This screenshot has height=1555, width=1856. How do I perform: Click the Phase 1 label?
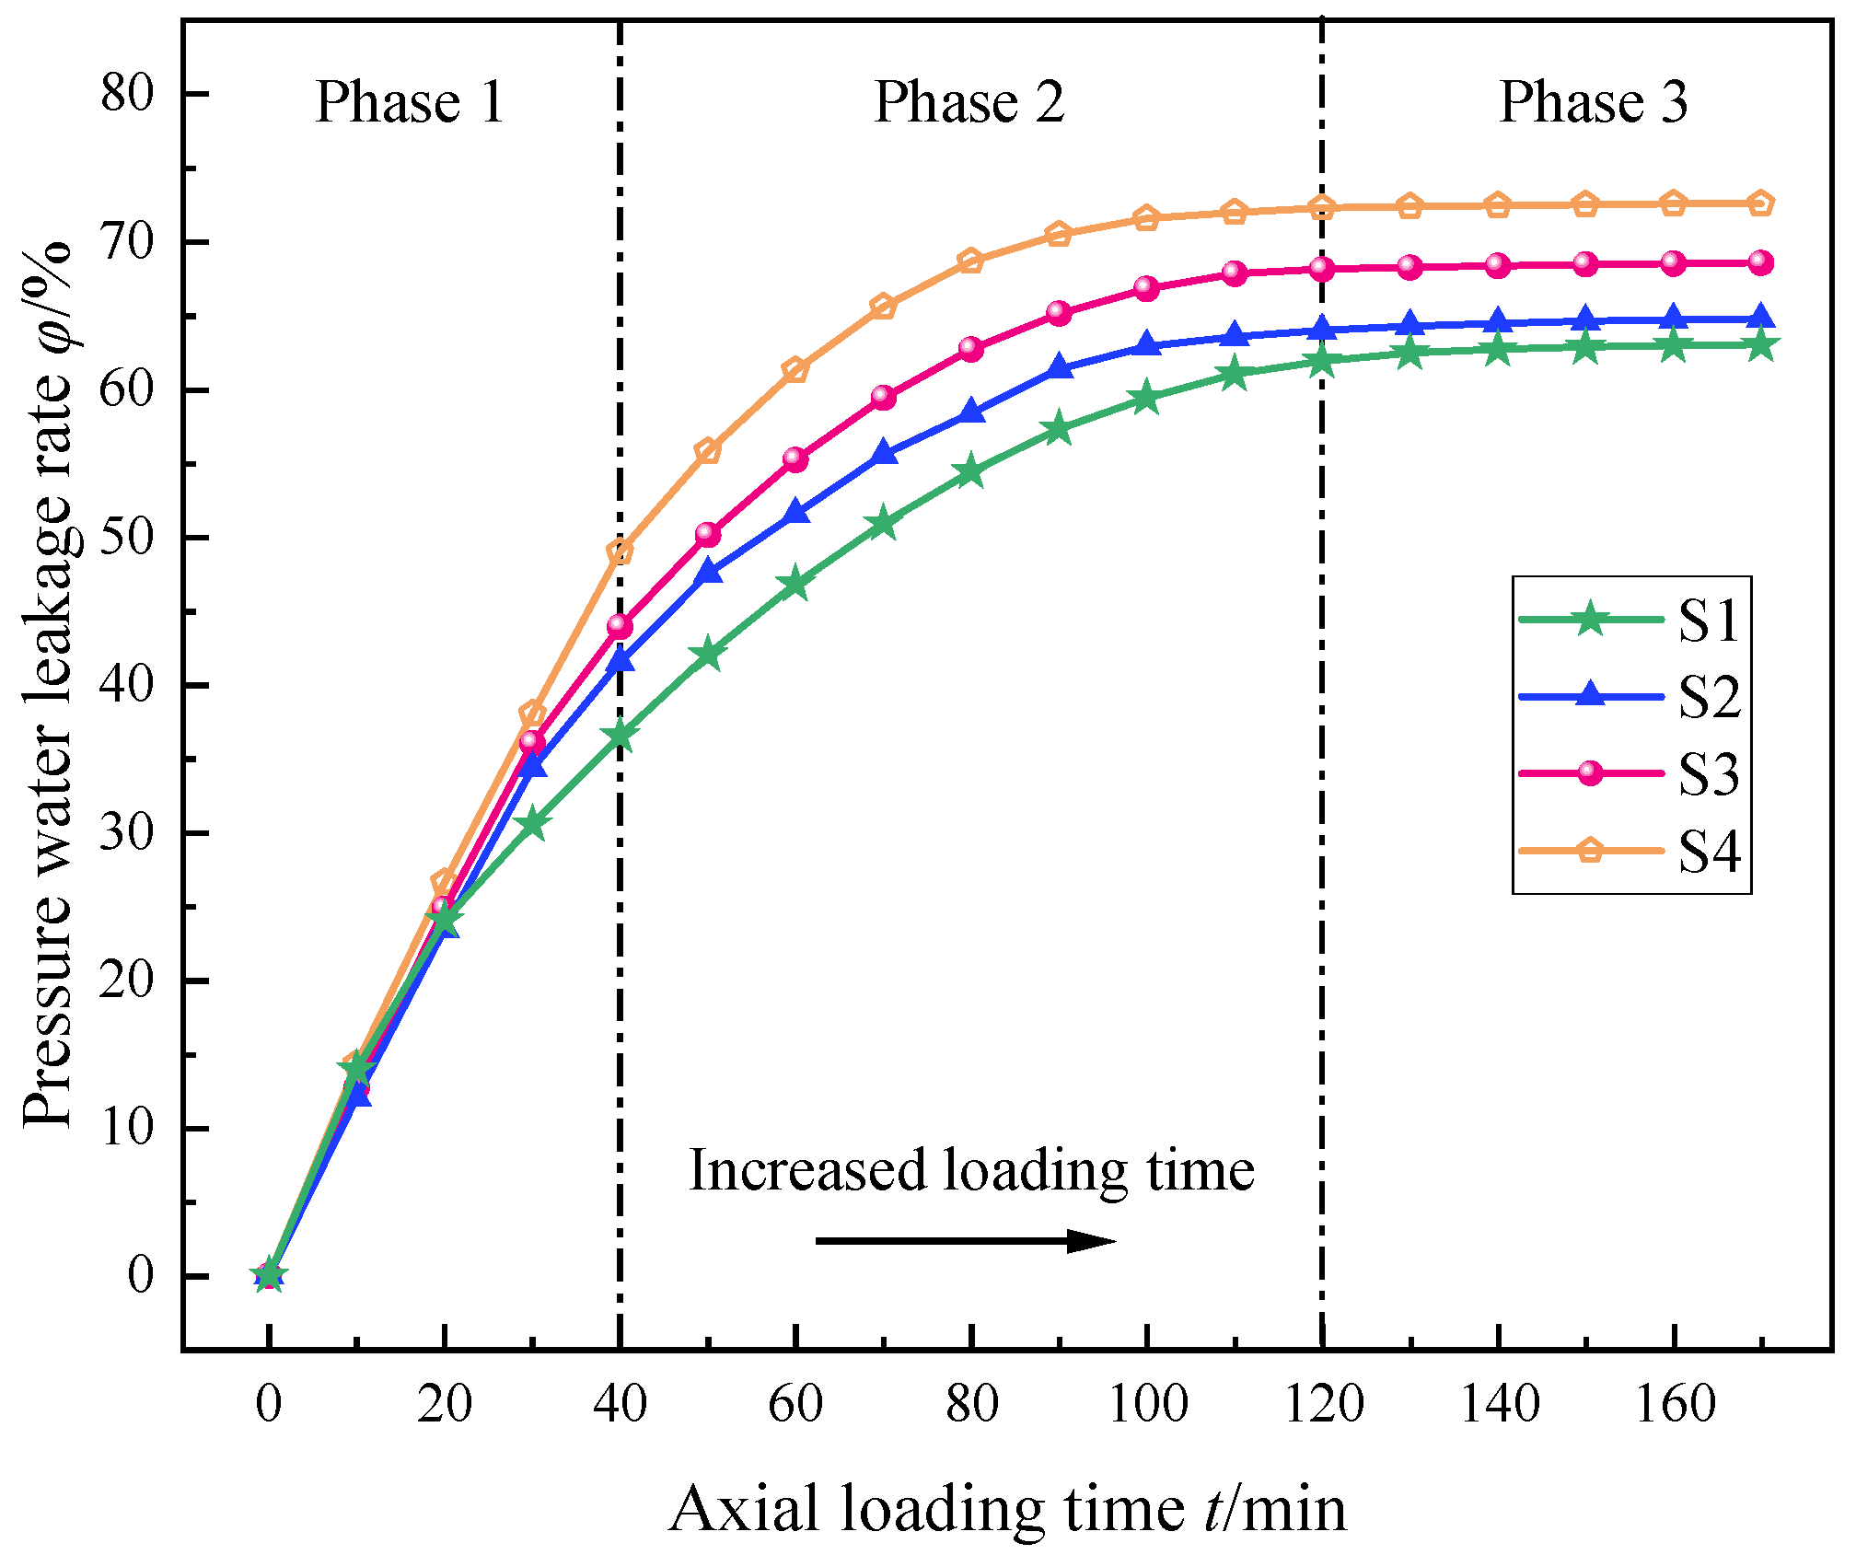coord(410,101)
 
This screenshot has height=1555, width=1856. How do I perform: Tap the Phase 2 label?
coord(969,101)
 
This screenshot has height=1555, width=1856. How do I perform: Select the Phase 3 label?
coord(1594,101)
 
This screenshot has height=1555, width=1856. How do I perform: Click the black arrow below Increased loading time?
coord(966,1241)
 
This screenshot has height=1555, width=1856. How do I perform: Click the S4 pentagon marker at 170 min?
coord(1760,203)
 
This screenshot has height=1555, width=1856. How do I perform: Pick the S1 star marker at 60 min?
coord(795,585)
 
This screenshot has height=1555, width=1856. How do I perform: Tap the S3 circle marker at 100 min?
coord(1146,288)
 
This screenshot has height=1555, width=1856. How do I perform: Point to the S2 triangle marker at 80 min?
coord(971,412)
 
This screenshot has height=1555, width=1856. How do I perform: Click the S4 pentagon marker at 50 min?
coord(708,451)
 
